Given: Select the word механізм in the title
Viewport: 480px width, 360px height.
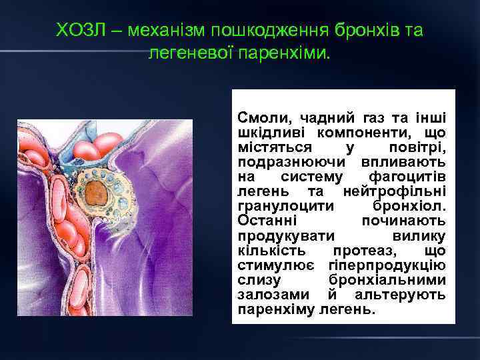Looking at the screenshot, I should (155, 30).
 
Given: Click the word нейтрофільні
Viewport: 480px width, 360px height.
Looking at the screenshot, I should (395, 191).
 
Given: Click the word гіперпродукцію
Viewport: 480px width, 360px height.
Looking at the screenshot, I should (387, 265).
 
